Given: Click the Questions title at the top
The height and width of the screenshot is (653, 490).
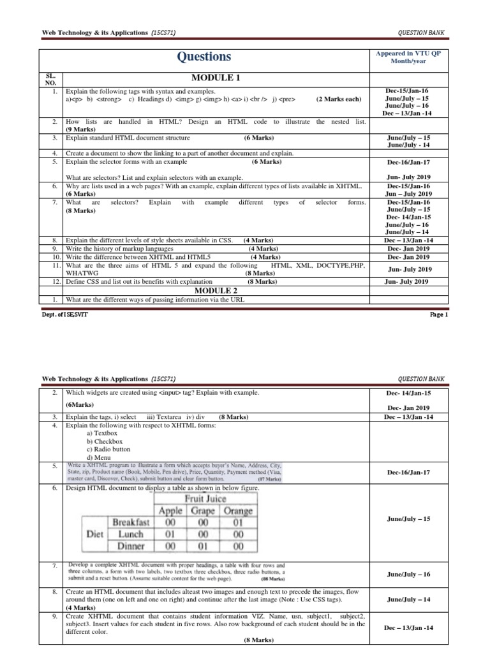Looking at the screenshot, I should pyautogui.click(x=205, y=57).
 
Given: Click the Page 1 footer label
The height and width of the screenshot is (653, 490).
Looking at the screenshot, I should pyautogui.click(x=438, y=314).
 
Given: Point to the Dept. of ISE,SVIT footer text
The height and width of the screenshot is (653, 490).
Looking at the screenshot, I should pyautogui.click(x=66, y=314).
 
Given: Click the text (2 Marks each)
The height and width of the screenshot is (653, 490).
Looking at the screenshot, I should pyautogui.click(x=339, y=99).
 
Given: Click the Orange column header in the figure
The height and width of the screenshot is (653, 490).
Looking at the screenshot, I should pyautogui.click(x=238, y=511).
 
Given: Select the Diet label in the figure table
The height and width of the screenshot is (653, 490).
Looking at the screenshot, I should pyautogui.click(x=98, y=534).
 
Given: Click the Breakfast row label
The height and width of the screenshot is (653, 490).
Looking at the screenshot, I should pyautogui.click(x=131, y=522).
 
